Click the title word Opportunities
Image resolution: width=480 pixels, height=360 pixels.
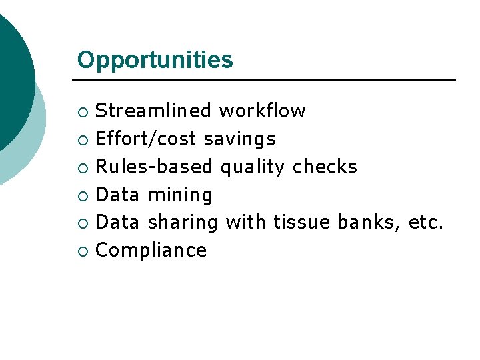click(155, 60)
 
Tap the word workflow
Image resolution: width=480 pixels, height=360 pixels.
click(263, 111)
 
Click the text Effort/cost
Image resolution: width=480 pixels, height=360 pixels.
click(146, 139)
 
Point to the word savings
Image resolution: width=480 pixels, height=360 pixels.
click(239, 139)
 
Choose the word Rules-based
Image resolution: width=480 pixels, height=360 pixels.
click(154, 167)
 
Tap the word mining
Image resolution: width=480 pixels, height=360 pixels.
click(180, 195)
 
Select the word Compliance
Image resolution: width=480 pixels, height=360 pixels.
click(151, 251)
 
